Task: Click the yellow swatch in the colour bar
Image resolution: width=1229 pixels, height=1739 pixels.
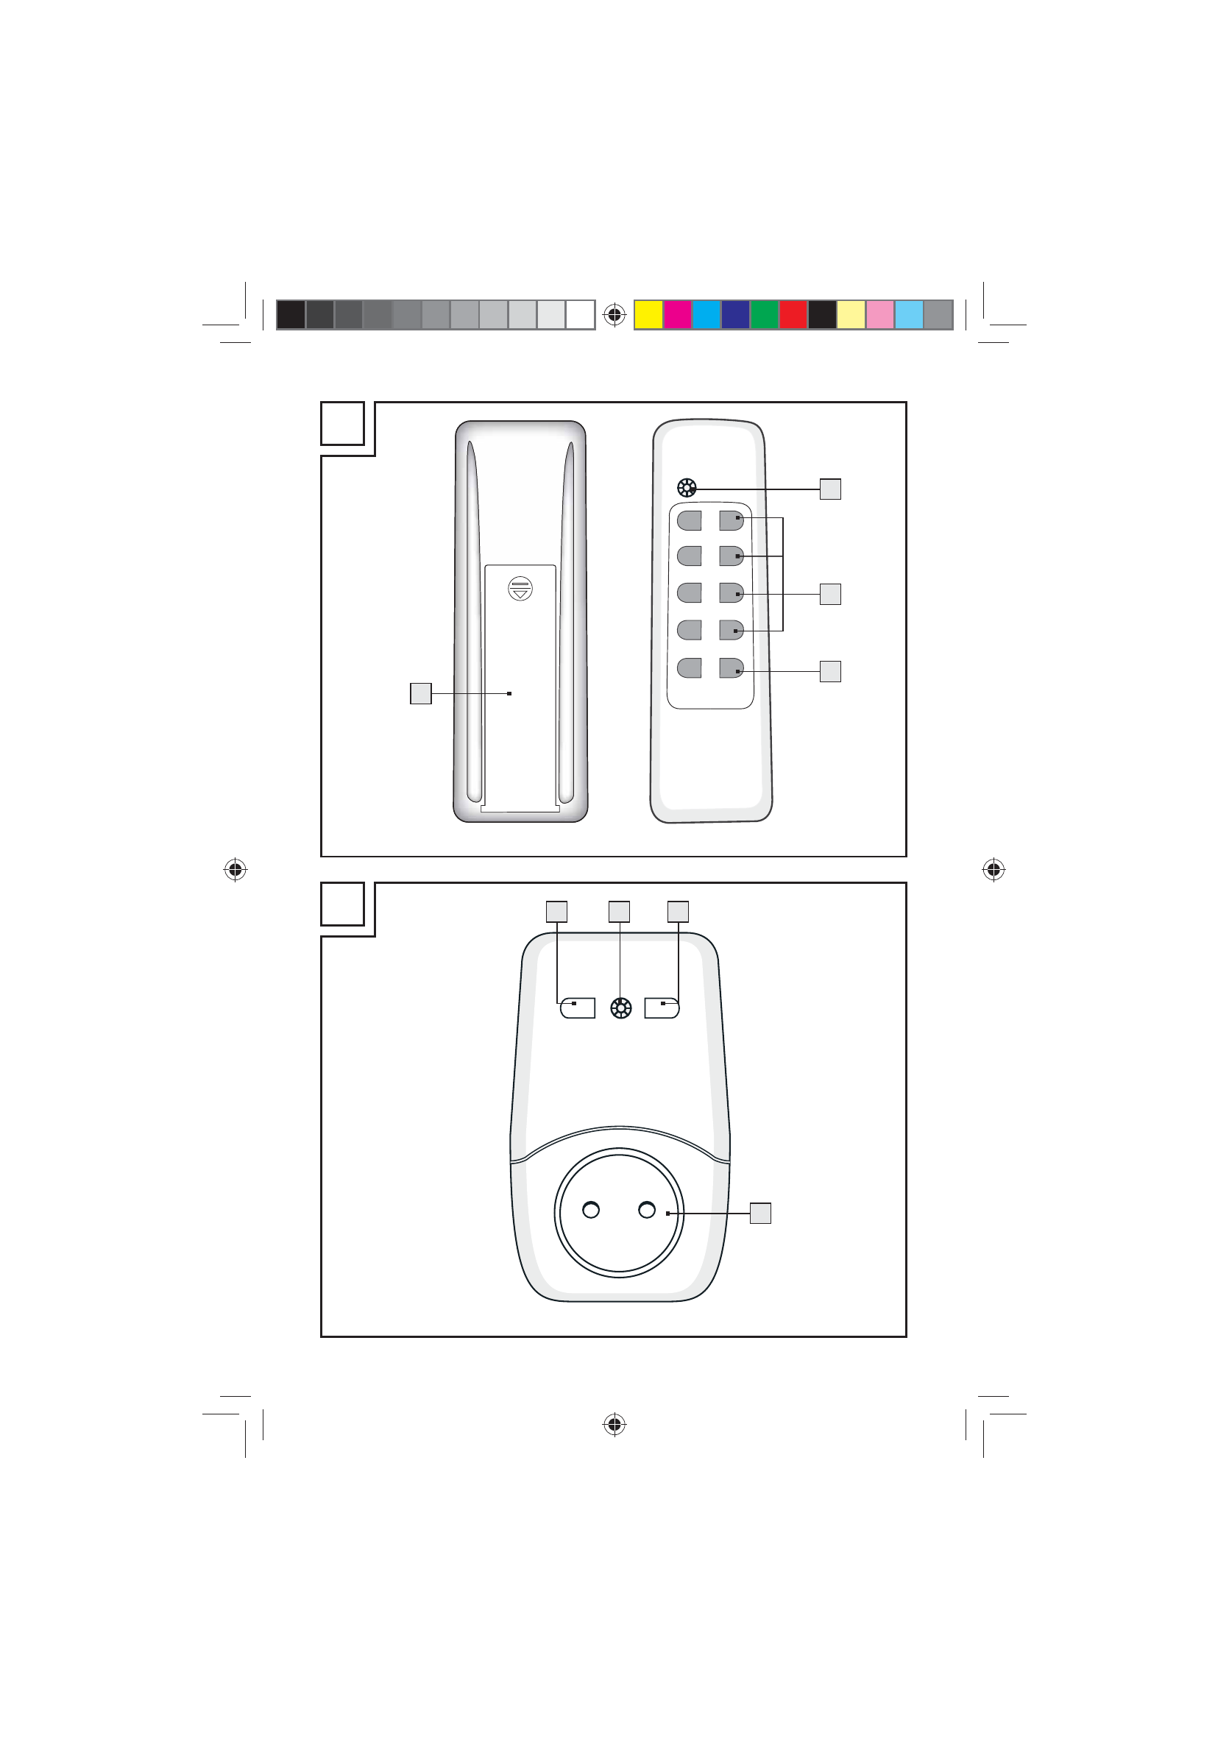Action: click(648, 314)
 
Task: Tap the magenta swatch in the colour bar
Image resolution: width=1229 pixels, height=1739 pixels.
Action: click(677, 314)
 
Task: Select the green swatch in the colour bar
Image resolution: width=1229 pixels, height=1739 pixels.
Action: click(764, 314)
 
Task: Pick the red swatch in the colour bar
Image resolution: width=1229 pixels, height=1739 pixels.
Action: click(793, 314)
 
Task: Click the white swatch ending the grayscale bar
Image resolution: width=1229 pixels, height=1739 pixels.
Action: click(580, 314)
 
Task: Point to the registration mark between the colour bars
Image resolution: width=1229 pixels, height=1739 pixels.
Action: click(614, 314)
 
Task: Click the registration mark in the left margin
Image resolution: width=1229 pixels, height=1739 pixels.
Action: click(235, 870)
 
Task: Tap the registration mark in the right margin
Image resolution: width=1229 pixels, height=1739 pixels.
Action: click(994, 870)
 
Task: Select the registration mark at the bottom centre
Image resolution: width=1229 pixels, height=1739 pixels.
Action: click(614, 1425)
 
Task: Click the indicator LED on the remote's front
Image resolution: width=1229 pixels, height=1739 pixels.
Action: click(686, 489)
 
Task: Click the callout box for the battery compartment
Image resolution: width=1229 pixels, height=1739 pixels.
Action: click(420, 693)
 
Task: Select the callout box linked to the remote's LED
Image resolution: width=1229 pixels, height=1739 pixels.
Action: click(830, 489)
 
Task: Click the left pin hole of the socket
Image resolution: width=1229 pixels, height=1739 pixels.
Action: click(591, 1210)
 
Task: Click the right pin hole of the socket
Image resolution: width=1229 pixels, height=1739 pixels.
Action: click(647, 1210)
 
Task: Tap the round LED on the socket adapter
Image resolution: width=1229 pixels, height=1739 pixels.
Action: click(621, 1008)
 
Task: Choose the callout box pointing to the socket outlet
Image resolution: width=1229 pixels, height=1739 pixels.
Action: click(760, 1213)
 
